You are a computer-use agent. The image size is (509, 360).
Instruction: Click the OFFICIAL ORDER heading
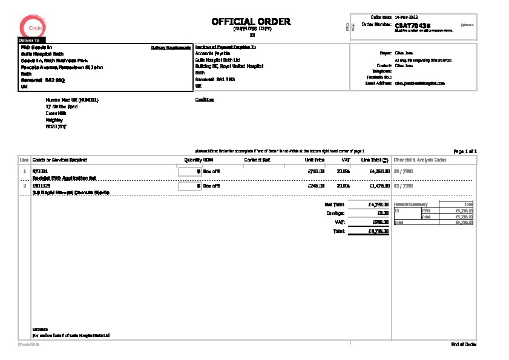click(x=251, y=22)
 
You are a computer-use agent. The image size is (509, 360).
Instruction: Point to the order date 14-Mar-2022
click(x=406, y=16)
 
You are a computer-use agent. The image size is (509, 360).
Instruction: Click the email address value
click(x=420, y=83)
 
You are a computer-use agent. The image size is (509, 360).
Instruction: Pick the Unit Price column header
click(x=315, y=160)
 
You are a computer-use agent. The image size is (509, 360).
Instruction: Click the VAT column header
click(x=346, y=160)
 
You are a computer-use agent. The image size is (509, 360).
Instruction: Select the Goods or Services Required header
click(x=59, y=160)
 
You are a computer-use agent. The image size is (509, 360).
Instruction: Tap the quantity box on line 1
click(x=189, y=171)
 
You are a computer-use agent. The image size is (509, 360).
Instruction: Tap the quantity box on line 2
click(x=189, y=186)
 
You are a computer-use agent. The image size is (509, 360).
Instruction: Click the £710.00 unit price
click(x=317, y=171)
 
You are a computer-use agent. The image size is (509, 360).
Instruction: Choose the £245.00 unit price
click(x=317, y=186)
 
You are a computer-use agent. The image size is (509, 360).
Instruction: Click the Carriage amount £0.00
click(x=382, y=213)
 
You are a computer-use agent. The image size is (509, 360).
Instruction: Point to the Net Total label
click(x=334, y=205)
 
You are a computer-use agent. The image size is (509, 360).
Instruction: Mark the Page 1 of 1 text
click(x=465, y=151)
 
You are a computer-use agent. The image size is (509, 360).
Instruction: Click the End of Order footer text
click(x=464, y=344)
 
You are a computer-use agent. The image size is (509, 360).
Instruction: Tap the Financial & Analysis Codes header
click(x=420, y=160)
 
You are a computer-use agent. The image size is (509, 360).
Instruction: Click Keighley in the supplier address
click(x=54, y=120)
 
